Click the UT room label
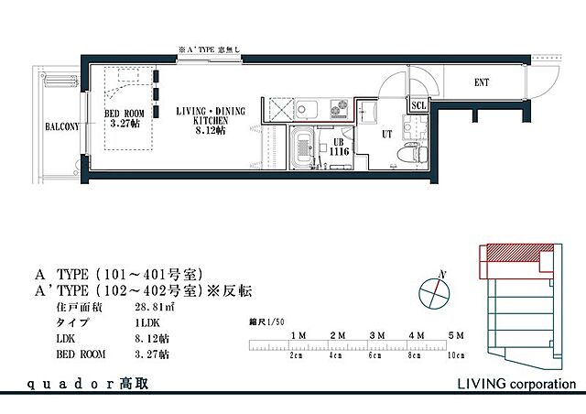click(386, 135)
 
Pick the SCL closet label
click(419, 106)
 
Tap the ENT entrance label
click(481, 83)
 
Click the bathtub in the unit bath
click(303, 149)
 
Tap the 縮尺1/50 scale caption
click(267, 322)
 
